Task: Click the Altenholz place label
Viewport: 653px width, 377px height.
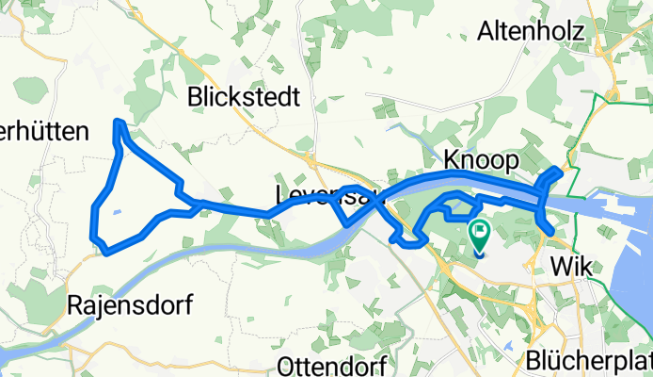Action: point(533,32)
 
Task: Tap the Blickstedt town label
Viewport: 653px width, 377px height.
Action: point(244,96)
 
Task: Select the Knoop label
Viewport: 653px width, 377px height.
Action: point(481,162)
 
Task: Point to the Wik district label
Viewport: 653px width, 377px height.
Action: point(572,267)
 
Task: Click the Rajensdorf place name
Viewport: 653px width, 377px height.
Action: point(130,305)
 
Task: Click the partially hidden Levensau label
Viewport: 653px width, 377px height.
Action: point(320,194)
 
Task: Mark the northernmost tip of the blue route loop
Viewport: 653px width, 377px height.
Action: point(117,123)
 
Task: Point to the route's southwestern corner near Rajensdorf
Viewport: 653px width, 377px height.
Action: point(107,252)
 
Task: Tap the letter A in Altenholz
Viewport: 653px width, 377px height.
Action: point(486,32)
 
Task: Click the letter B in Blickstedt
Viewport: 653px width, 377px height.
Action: point(195,96)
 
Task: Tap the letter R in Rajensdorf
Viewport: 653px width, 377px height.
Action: point(75,305)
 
